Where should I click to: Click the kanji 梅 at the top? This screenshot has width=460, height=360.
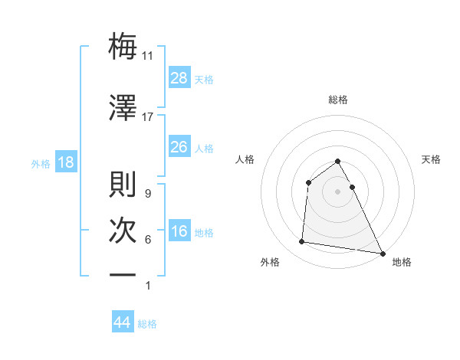(x=123, y=47)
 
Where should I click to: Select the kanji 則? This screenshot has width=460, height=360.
(x=123, y=185)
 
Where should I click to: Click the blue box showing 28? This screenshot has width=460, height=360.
(x=179, y=78)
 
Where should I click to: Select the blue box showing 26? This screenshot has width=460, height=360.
(x=179, y=147)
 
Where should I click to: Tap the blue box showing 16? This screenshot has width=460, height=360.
(x=179, y=232)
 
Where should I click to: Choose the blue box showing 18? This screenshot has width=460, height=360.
(x=65, y=163)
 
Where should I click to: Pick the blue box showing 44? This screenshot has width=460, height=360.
(x=123, y=322)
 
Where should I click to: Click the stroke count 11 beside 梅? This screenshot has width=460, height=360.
(x=149, y=56)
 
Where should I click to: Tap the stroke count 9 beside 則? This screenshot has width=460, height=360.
(x=147, y=194)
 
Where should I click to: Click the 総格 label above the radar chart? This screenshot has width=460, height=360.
(x=338, y=100)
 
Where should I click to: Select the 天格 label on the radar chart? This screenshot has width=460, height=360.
(x=431, y=159)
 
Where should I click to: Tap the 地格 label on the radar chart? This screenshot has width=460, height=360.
(x=402, y=262)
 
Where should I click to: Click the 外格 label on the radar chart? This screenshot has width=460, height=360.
(x=270, y=262)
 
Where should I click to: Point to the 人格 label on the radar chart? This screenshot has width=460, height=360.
(x=245, y=159)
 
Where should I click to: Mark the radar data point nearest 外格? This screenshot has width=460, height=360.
(x=302, y=242)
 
